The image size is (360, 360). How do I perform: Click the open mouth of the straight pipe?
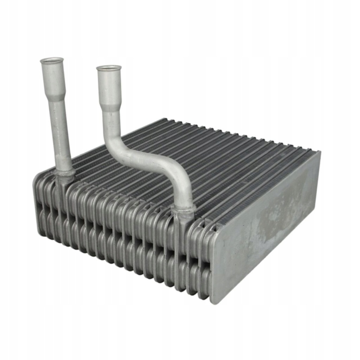tap(52, 60)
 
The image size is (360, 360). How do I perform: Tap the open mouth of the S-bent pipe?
tap(109, 68)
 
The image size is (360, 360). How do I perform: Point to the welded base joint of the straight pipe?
tap(65, 174)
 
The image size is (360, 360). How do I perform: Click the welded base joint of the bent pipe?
tap(183, 210)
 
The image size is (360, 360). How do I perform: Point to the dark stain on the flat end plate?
tap(278, 211)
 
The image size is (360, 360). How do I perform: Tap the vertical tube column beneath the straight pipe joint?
tap(60, 211)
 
